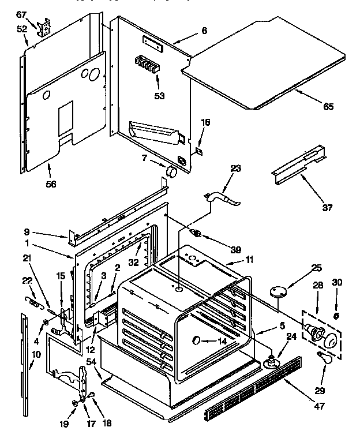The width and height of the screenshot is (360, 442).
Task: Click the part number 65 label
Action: click(x=328, y=106)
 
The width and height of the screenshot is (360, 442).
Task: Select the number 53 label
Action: click(x=159, y=95)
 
